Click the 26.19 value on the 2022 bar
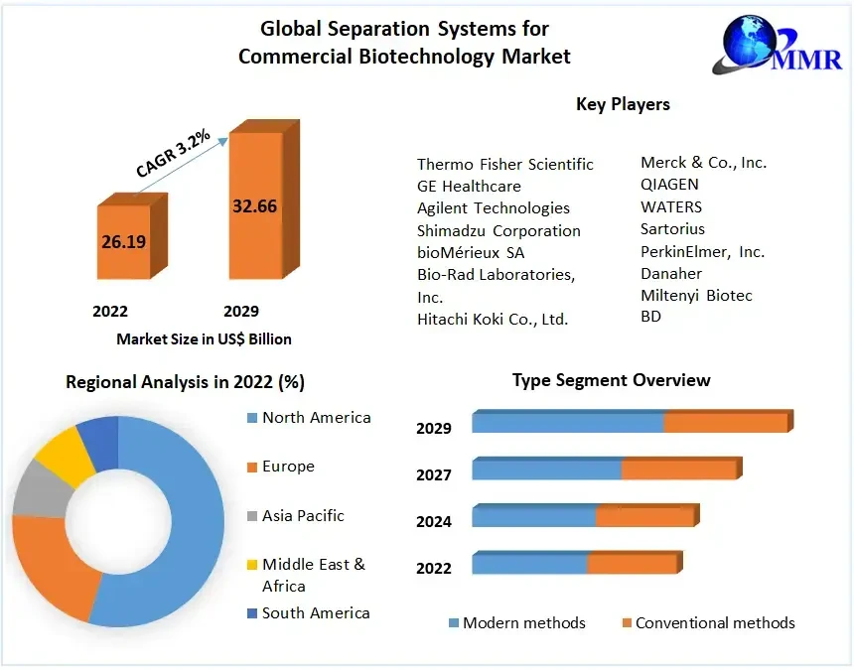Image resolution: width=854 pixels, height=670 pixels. click(x=124, y=241)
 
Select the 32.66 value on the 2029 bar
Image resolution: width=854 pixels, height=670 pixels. click(x=255, y=206)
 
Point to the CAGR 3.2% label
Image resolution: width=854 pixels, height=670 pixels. click(x=173, y=156)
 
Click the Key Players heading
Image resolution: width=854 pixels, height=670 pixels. click(x=623, y=104)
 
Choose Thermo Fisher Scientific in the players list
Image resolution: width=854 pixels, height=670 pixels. click(x=504, y=164)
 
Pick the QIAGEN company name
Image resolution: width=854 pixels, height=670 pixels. click(x=669, y=184)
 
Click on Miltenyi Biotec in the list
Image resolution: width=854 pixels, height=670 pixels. click(x=696, y=295)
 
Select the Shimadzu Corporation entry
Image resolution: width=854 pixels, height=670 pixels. click(x=498, y=230)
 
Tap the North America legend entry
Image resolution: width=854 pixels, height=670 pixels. click(x=316, y=417)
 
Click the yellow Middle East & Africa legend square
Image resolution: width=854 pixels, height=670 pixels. click(x=252, y=565)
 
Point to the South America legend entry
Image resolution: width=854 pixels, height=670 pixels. click(x=315, y=612)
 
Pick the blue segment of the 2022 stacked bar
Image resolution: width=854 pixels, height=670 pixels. click(x=529, y=564)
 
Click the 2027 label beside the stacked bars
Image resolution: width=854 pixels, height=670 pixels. click(x=434, y=474)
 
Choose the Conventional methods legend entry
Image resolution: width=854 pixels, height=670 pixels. click(x=714, y=623)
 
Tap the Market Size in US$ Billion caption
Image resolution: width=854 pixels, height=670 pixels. click(x=204, y=339)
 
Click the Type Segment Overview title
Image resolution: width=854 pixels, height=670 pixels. click(x=611, y=380)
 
